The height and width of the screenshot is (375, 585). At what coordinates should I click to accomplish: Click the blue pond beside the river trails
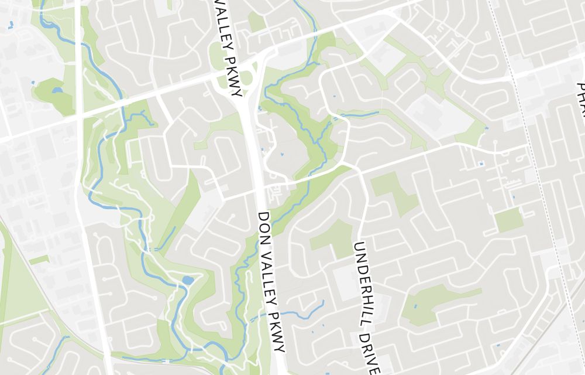pos(187,280)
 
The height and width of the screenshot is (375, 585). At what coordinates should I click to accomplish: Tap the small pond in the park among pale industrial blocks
pos(57,91)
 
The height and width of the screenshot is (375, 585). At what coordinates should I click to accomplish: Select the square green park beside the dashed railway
pos(508,220)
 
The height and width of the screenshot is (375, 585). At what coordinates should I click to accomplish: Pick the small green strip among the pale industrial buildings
pos(39,259)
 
